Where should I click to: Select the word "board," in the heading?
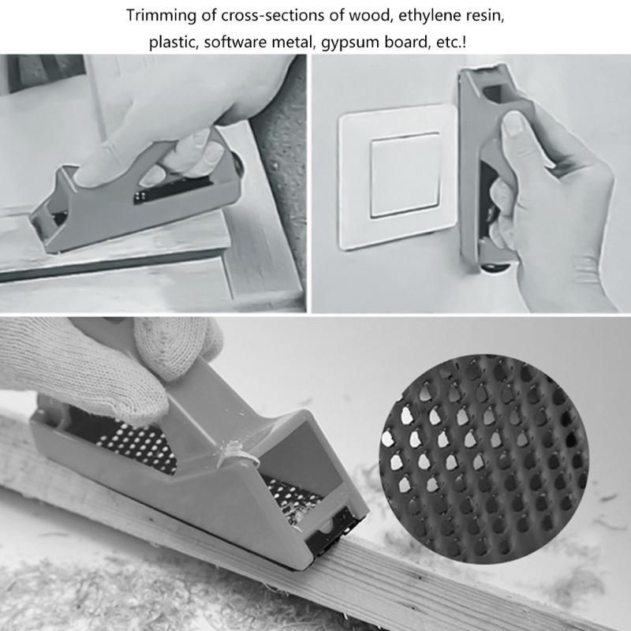pyautogui.click(x=402, y=42)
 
